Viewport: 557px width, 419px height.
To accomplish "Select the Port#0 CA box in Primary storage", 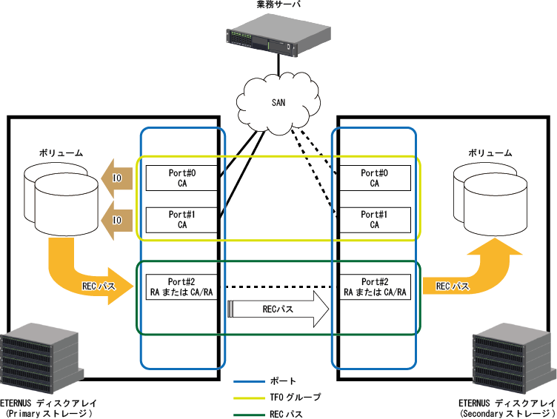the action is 181,178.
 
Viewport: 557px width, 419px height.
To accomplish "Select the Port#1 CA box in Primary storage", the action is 181,220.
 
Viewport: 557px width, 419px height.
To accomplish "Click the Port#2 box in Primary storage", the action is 181,287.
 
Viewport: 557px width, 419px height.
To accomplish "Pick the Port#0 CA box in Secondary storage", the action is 374,178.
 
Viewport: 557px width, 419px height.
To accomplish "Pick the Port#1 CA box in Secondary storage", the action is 374,220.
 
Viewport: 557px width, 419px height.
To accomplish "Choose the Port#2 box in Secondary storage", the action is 375,287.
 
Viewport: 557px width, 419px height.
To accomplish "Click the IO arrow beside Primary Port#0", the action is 117,178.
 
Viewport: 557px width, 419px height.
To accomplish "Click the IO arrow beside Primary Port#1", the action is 117,220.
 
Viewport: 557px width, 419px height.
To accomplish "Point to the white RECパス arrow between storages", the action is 278,309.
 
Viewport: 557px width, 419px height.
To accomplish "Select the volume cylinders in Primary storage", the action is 61,199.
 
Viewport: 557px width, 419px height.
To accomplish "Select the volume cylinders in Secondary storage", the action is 490,199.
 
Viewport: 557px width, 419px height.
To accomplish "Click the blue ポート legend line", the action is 249,382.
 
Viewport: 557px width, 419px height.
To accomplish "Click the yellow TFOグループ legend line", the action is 249,398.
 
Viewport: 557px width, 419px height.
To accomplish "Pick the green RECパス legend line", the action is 249,415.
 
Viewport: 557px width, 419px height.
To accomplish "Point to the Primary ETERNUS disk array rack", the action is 41,358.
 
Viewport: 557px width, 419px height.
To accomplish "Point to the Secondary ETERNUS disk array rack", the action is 514,358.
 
